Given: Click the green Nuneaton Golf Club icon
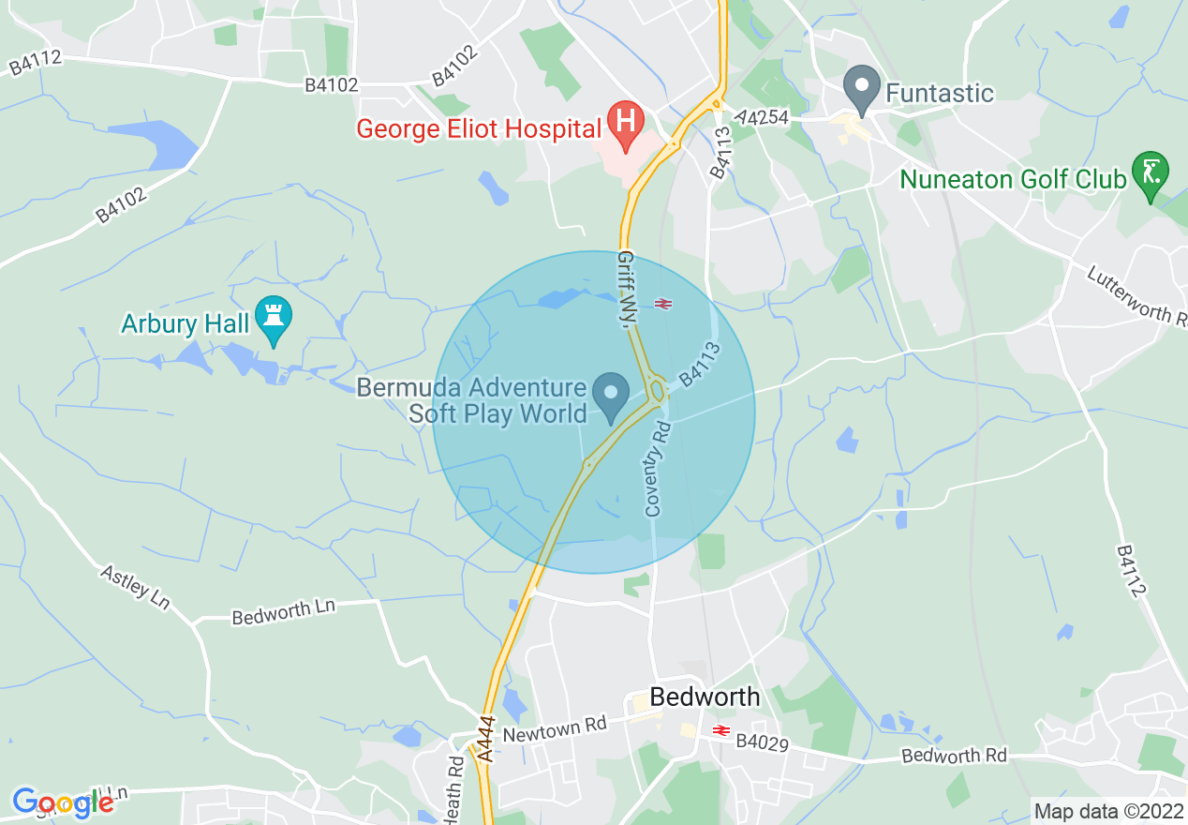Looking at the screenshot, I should click(1150, 172).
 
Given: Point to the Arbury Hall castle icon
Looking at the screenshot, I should click(274, 319).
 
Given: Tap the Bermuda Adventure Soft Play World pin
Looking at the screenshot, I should click(613, 394).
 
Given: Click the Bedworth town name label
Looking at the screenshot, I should click(705, 697).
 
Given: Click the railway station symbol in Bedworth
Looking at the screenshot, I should click(720, 730).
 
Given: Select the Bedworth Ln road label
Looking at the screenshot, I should click(283, 611).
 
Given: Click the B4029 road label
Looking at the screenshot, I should click(763, 742).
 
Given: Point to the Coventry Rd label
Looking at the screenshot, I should click(658, 469).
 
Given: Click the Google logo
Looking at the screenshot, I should click(62, 802).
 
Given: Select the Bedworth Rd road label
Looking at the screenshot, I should click(954, 756).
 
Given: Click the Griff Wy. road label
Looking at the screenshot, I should click(627, 287).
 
